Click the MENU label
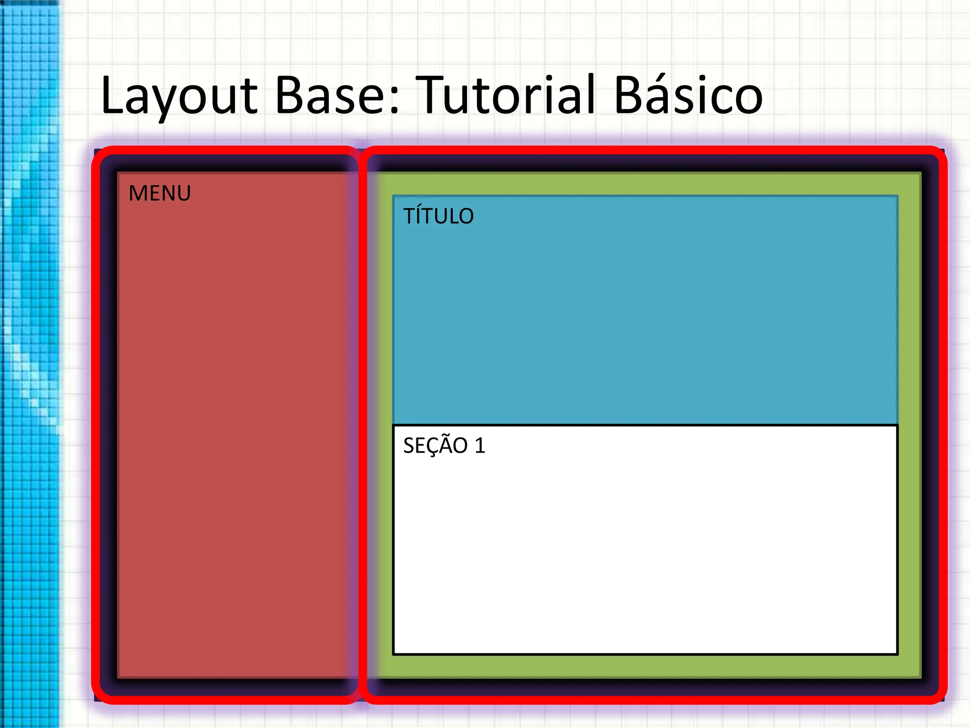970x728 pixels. (x=160, y=193)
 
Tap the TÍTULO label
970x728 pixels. (x=438, y=216)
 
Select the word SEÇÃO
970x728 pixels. (x=435, y=446)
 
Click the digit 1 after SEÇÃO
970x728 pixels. (x=480, y=446)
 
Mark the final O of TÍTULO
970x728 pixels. (x=465, y=217)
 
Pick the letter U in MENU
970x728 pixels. (x=182, y=193)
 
